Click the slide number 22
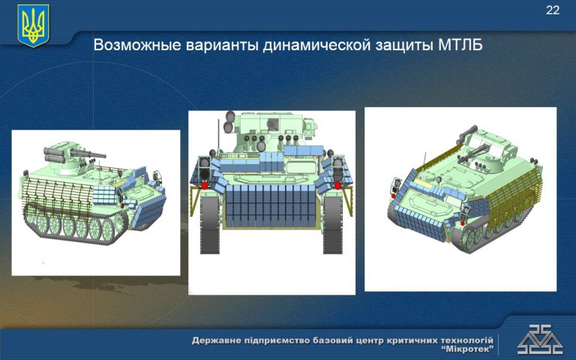tap(553, 10)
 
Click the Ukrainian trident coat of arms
tap(34, 25)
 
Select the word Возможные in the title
tap(138, 45)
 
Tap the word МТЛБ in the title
tap(460, 45)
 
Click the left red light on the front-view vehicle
tap(205, 185)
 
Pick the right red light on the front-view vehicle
tap(337, 185)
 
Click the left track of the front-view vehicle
tap(210, 225)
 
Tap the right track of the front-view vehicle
tap(332, 225)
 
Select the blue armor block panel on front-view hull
tap(271, 205)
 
